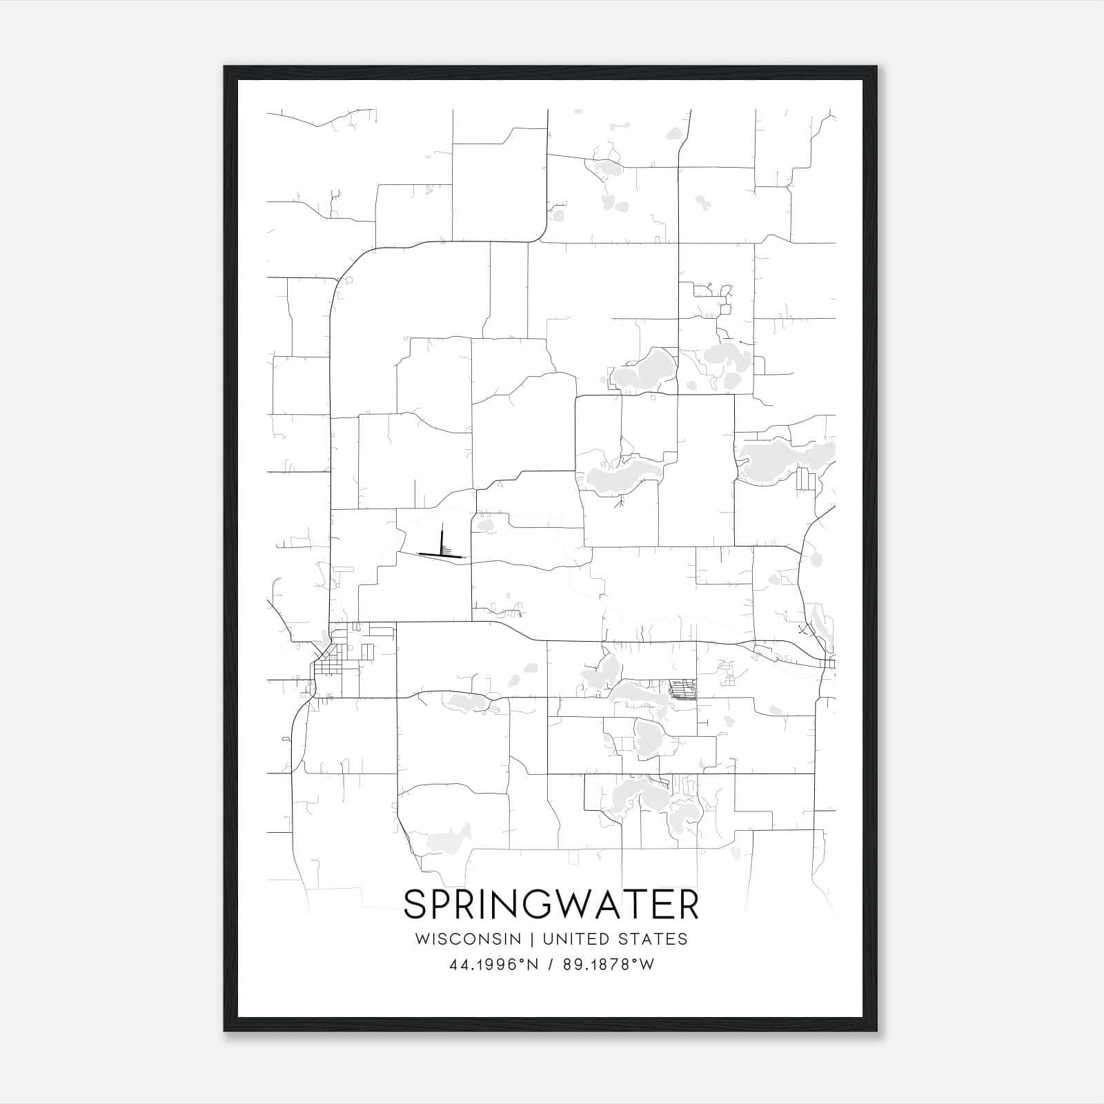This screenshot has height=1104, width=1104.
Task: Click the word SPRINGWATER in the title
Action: (x=551, y=905)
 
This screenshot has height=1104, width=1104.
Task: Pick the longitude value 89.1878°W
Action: (x=608, y=965)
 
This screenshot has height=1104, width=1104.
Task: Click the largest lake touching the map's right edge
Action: (x=787, y=459)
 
